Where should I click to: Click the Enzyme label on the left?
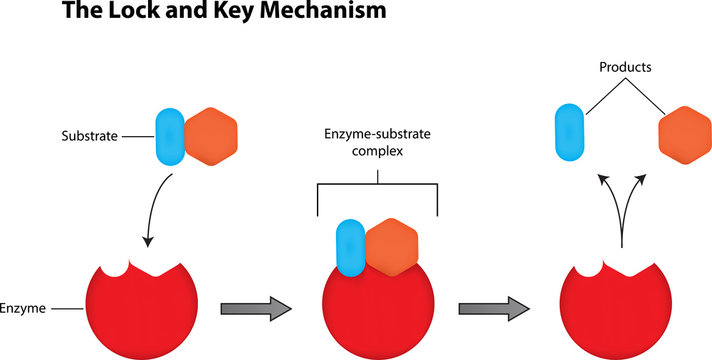(21, 311)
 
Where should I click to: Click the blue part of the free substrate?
(167, 136)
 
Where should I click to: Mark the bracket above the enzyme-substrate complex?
(377, 188)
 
